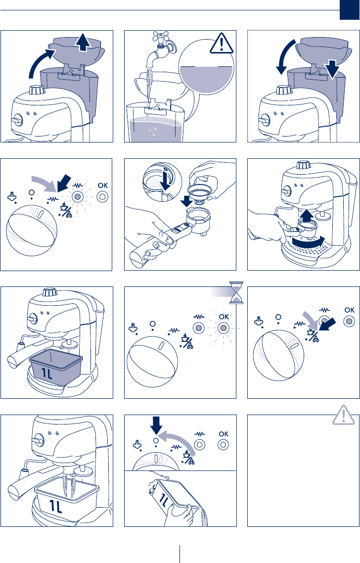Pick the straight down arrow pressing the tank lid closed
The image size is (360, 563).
(x=334, y=69)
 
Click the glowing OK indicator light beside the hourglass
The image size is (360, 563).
(x=223, y=328)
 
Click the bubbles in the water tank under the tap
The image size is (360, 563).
(x=154, y=132)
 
